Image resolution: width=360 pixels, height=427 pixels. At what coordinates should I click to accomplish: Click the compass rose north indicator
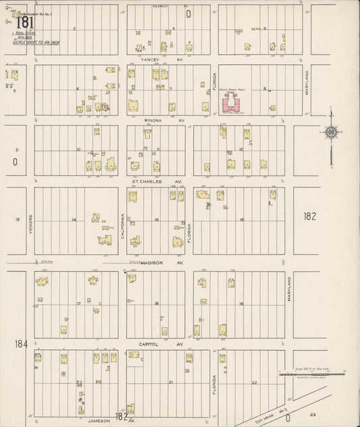[x=331, y=134]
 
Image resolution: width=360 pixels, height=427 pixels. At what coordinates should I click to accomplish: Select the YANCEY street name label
[x=148, y=59]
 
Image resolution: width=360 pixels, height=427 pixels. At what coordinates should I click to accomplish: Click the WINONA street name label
[x=154, y=120]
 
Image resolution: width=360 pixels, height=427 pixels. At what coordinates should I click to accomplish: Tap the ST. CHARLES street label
[x=147, y=182]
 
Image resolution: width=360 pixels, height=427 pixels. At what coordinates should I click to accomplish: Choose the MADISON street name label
[x=153, y=263]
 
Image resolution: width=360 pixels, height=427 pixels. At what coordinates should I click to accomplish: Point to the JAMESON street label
[x=99, y=420]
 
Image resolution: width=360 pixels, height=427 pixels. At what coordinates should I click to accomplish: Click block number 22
[x=254, y=382]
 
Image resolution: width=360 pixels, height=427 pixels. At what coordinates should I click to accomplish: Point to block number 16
[x=240, y=220]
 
